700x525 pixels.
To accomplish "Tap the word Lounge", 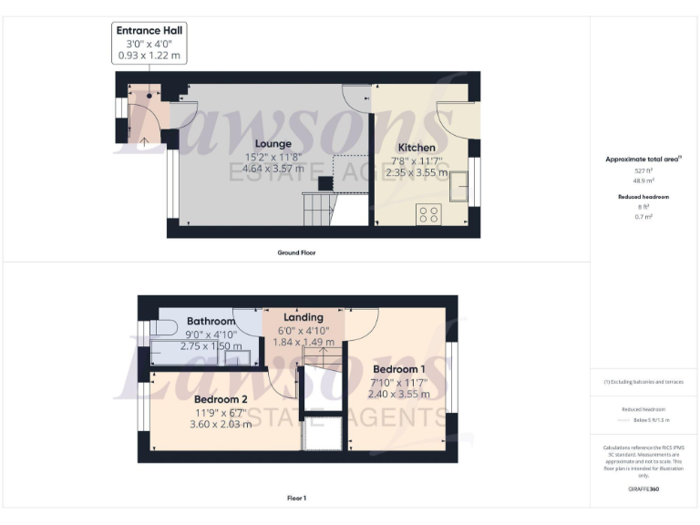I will [x=273, y=144].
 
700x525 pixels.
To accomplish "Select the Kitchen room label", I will [x=417, y=148].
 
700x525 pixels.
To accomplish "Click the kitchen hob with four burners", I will [x=427, y=214].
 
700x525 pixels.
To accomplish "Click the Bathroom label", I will [x=211, y=322].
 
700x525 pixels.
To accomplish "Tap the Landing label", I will [x=304, y=317].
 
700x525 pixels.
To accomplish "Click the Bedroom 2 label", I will [x=221, y=399].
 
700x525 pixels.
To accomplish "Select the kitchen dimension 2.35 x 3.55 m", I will [x=417, y=171].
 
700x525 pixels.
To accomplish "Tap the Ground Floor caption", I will [x=297, y=252].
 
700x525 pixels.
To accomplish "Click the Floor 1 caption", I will [x=296, y=499].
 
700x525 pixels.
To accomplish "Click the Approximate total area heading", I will [x=643, y=159].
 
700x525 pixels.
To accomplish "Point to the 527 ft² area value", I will [x=643, y=170].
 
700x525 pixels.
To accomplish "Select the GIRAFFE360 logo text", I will [x=643, y=489].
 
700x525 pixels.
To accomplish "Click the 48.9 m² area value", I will [x=643, y=181].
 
